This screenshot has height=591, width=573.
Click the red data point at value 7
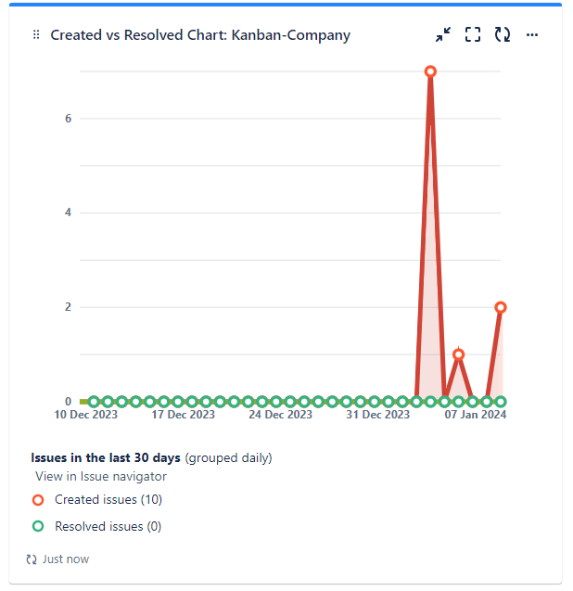430,71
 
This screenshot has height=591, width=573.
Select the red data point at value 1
458,354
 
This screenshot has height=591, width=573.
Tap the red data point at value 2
501,307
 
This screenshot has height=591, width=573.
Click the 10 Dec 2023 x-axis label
85,415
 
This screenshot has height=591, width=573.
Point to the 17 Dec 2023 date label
183,415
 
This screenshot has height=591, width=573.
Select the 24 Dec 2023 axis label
280,415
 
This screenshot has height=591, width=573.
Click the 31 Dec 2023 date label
377,415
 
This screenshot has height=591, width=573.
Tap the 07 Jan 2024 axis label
475,415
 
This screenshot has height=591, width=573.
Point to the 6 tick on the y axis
69,119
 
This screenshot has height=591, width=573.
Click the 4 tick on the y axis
69,212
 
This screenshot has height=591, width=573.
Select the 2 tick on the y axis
69,307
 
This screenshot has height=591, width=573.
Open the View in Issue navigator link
101,476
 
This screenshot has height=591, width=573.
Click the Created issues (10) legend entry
108,499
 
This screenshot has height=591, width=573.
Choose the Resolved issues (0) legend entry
108,526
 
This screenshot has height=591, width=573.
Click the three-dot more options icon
532,35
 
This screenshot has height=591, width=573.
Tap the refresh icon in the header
503,35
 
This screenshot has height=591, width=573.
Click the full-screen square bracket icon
473,35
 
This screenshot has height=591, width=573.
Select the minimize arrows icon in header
443,35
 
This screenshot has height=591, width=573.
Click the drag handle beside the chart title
36,35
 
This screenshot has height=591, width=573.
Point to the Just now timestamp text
65,559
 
